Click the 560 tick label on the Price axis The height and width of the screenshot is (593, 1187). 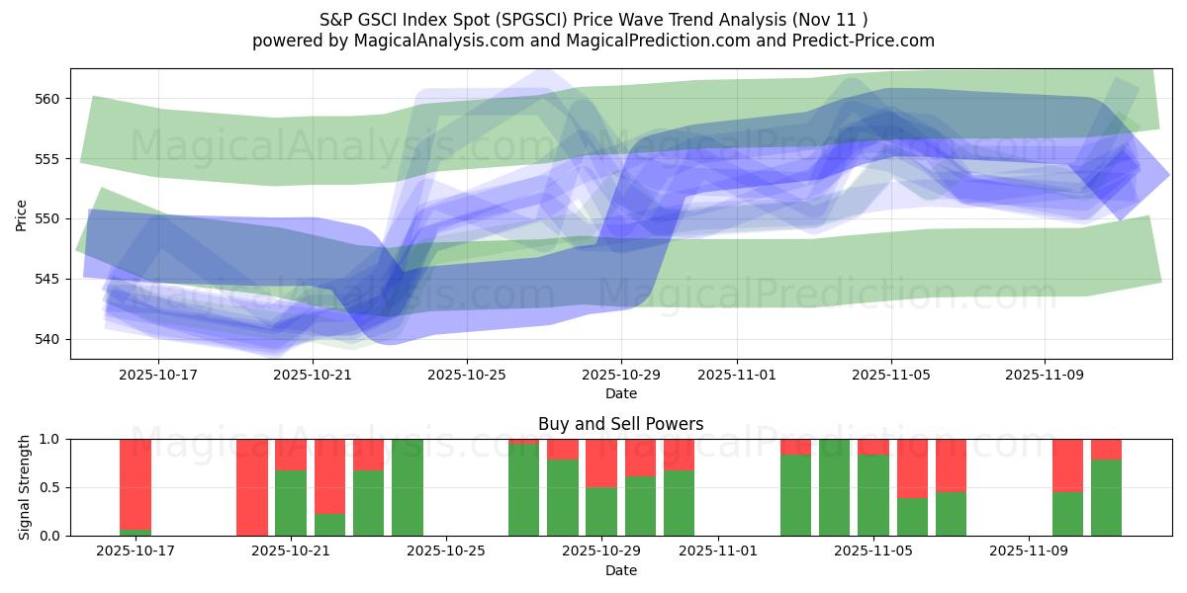[x=49, y=99]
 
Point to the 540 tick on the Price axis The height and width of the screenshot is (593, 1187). [x=49, y=339]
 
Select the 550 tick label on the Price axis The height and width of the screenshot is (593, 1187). [x=49, y=218]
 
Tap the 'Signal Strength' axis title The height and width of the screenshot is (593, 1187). [x=25, y=487]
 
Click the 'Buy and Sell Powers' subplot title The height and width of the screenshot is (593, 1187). [x=620, y=424]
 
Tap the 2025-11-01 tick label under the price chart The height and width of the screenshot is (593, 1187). [x=736, y=375]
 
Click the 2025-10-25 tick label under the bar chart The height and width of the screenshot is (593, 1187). [x=447, y=551]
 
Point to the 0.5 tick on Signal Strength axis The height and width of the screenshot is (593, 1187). [x=48, y=487]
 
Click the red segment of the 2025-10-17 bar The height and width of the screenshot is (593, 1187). [x=136, y=482]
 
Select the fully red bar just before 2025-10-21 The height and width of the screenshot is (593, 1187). [x=252, y=487]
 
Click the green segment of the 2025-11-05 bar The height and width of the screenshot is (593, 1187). [x=873, y=495]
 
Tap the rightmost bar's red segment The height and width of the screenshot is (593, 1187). [x=1106, y=449]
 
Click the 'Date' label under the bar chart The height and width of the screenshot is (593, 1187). [x=620, y=570]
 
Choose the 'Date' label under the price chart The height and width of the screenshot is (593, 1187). [x=620, y=393]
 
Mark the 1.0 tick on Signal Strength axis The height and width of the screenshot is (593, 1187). [x=48, y=439]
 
